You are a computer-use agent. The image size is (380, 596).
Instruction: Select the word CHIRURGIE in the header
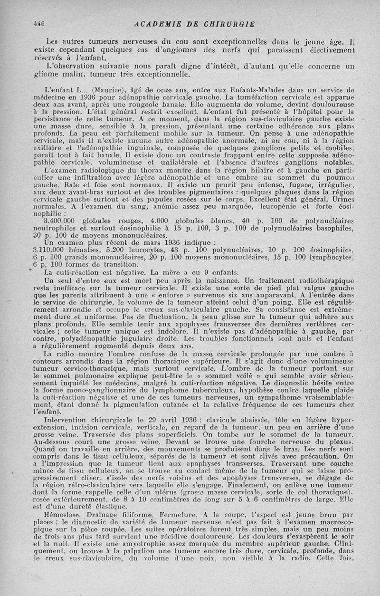pyautogui.click(x=231, y=24)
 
